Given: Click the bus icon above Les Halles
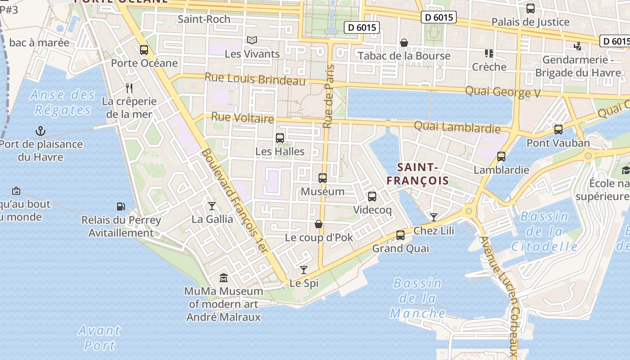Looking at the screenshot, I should [x=280, y=138].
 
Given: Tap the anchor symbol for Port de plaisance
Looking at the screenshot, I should [x=40, y=131].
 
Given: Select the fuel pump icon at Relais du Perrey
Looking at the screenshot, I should [x=121, y=207].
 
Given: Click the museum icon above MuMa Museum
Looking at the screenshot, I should [x=223, y=278].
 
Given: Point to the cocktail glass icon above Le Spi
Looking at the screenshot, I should [x=304, y=270].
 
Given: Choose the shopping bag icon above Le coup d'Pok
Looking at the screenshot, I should [x=319, y=224].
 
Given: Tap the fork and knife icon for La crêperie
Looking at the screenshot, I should [x=129, y=88].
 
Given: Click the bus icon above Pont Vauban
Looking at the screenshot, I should [x=558, y=130].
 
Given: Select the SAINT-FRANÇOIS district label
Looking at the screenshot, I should [x=418, y=174].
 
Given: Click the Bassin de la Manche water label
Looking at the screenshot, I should [x=418, y=298].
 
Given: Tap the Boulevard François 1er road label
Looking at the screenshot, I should [x=234, y=201].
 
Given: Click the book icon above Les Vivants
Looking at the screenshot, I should [x=252, y=40].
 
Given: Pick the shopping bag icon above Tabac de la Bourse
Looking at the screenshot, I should [x=404, y=43].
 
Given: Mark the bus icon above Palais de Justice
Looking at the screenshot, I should [x=531, y=9].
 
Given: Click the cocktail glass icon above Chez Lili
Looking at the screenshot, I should [x=433, y=217].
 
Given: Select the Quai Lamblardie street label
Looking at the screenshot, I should [x=457, y=127].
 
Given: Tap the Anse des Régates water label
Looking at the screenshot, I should [x=63, y=102].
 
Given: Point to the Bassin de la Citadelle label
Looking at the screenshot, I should [x=544, y=231].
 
